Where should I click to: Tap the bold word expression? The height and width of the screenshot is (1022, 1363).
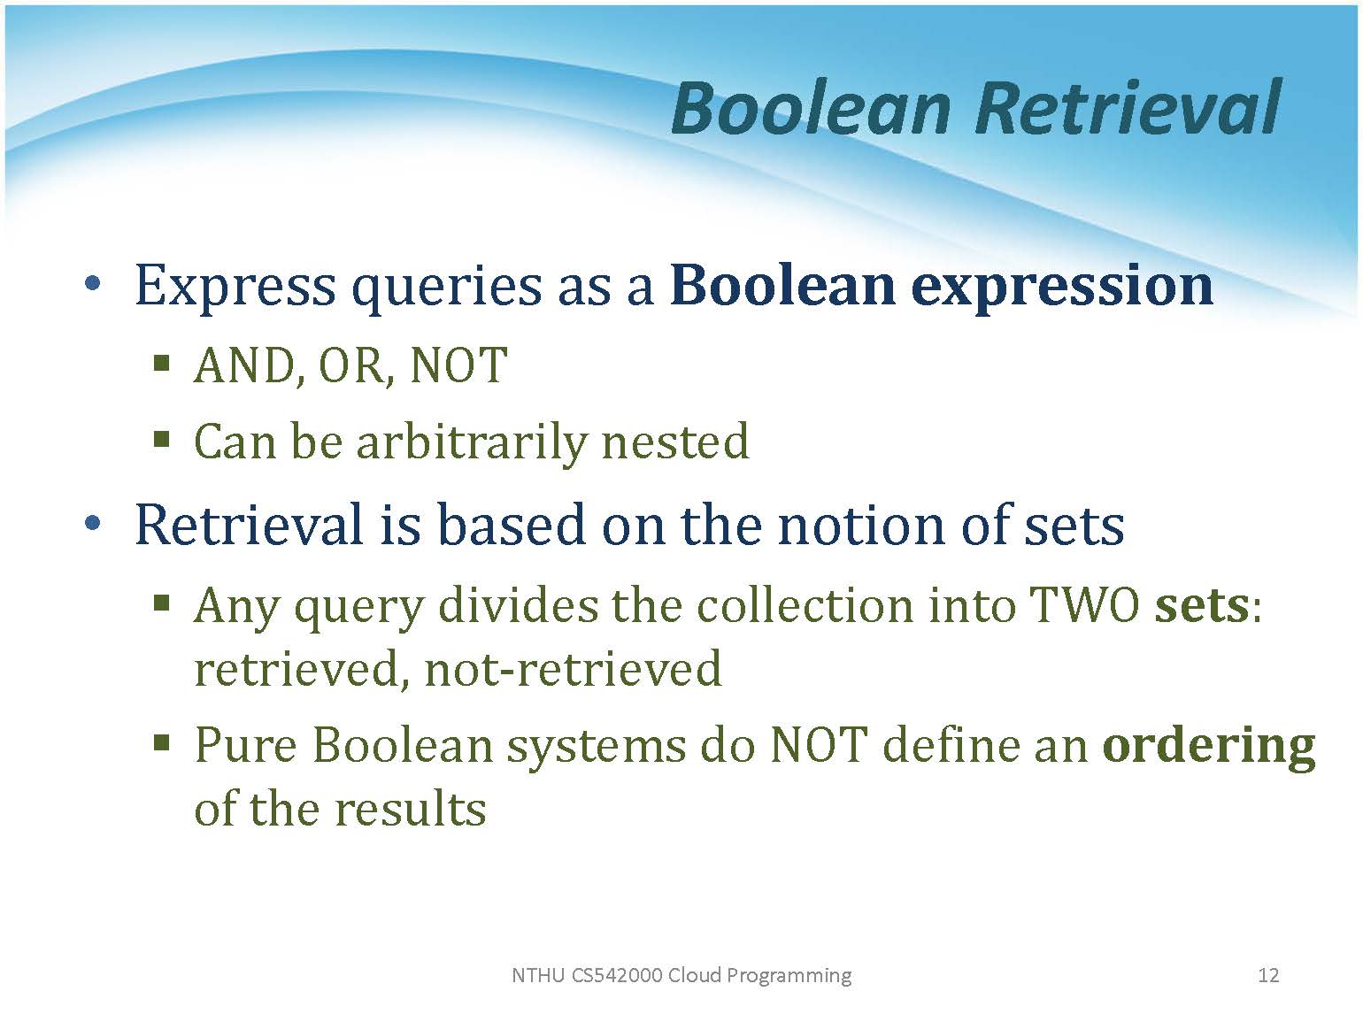1061,288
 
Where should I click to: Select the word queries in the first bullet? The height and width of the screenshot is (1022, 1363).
446,288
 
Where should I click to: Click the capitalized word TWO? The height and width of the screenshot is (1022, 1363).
1084,605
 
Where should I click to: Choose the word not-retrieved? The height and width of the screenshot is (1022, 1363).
573,670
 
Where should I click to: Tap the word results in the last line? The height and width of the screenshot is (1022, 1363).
411,810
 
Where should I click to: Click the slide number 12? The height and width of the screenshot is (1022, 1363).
1268,975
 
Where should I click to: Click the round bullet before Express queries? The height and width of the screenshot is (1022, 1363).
92,284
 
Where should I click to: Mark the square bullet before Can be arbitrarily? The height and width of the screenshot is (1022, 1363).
161,440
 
